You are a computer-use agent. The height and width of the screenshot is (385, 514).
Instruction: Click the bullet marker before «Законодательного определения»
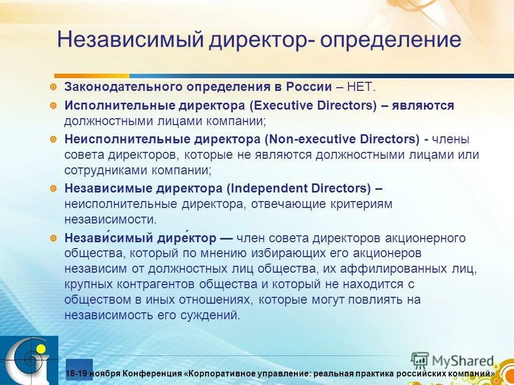[x=54, y=87]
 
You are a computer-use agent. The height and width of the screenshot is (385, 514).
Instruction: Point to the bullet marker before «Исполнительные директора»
[x=54, y=106]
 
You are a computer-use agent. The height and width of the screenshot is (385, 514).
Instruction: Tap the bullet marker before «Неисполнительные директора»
[x=54, y=140]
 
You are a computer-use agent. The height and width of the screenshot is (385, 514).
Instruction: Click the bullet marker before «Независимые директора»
[x=54, y=188]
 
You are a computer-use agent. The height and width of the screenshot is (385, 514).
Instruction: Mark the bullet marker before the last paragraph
[x=54, y=237]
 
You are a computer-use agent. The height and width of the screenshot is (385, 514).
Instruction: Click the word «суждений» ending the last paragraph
[x=213, y=315]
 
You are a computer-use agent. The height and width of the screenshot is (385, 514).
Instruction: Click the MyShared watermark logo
[x=453, y=361]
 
